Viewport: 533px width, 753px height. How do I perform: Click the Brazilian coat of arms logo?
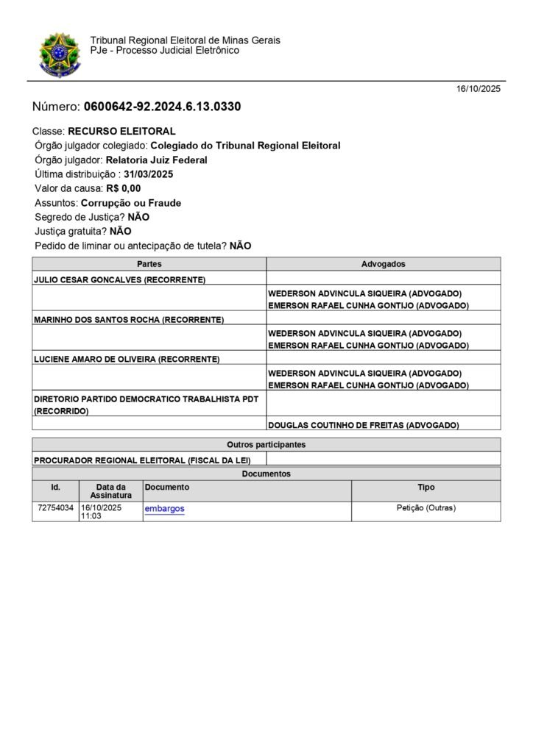coord(60,54)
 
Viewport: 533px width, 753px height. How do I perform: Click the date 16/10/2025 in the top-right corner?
coord(478,89)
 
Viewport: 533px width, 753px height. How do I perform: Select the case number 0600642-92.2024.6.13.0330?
coord(162,107)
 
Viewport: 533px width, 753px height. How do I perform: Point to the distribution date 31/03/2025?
coord(149,174)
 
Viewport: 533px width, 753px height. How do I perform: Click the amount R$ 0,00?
coord(123,188)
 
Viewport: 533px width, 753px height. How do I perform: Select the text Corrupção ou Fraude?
coord(131,203)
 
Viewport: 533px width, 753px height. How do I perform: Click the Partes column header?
coord(149,264)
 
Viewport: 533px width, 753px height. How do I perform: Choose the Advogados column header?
coord(383,264)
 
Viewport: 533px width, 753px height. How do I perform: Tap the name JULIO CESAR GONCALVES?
coord(88,279)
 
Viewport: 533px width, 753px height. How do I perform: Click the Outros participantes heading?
coord(266,445)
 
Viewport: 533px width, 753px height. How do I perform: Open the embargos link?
coord(165,509)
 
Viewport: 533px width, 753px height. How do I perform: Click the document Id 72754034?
coord(55,508)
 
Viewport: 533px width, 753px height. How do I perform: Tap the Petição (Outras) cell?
coord(426,508)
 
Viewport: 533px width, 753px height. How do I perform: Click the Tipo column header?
coord(426,488)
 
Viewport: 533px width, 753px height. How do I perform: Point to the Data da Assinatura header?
coord(110,491)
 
